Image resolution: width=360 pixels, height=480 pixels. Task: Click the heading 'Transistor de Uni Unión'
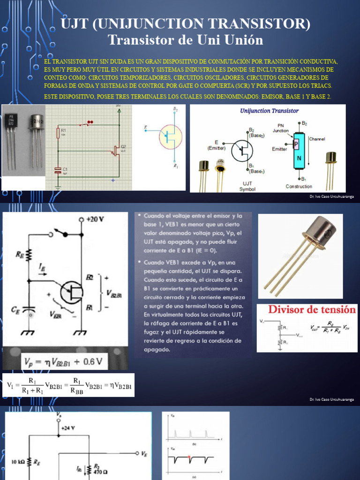tap(185, 40)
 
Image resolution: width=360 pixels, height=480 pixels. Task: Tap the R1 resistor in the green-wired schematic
tap(58, 133)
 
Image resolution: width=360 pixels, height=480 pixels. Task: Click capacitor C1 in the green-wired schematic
tap(58, 170)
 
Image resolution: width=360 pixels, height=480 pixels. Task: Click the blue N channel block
tap(299, 160)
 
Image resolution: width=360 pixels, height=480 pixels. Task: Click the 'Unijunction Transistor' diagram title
tap(269, 111)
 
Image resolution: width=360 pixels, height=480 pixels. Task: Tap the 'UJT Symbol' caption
tap(247, 186)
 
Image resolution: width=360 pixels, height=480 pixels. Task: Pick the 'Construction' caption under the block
tap(299, 186)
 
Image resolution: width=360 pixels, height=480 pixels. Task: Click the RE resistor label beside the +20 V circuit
tap(20, 255)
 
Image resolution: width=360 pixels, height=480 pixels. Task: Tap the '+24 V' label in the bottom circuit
tap(68, 428)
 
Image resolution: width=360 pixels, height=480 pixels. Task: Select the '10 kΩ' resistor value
tap(18, 462)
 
